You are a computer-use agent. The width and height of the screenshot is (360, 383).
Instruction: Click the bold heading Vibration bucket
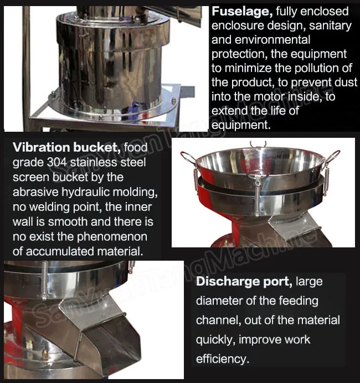coord(66,148)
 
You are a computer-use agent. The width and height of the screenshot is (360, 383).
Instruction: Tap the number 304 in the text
coord(52,163)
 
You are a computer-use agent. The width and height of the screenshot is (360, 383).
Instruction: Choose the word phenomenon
coord(111,237)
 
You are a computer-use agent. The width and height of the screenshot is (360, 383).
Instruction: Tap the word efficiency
coord(222,359)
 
